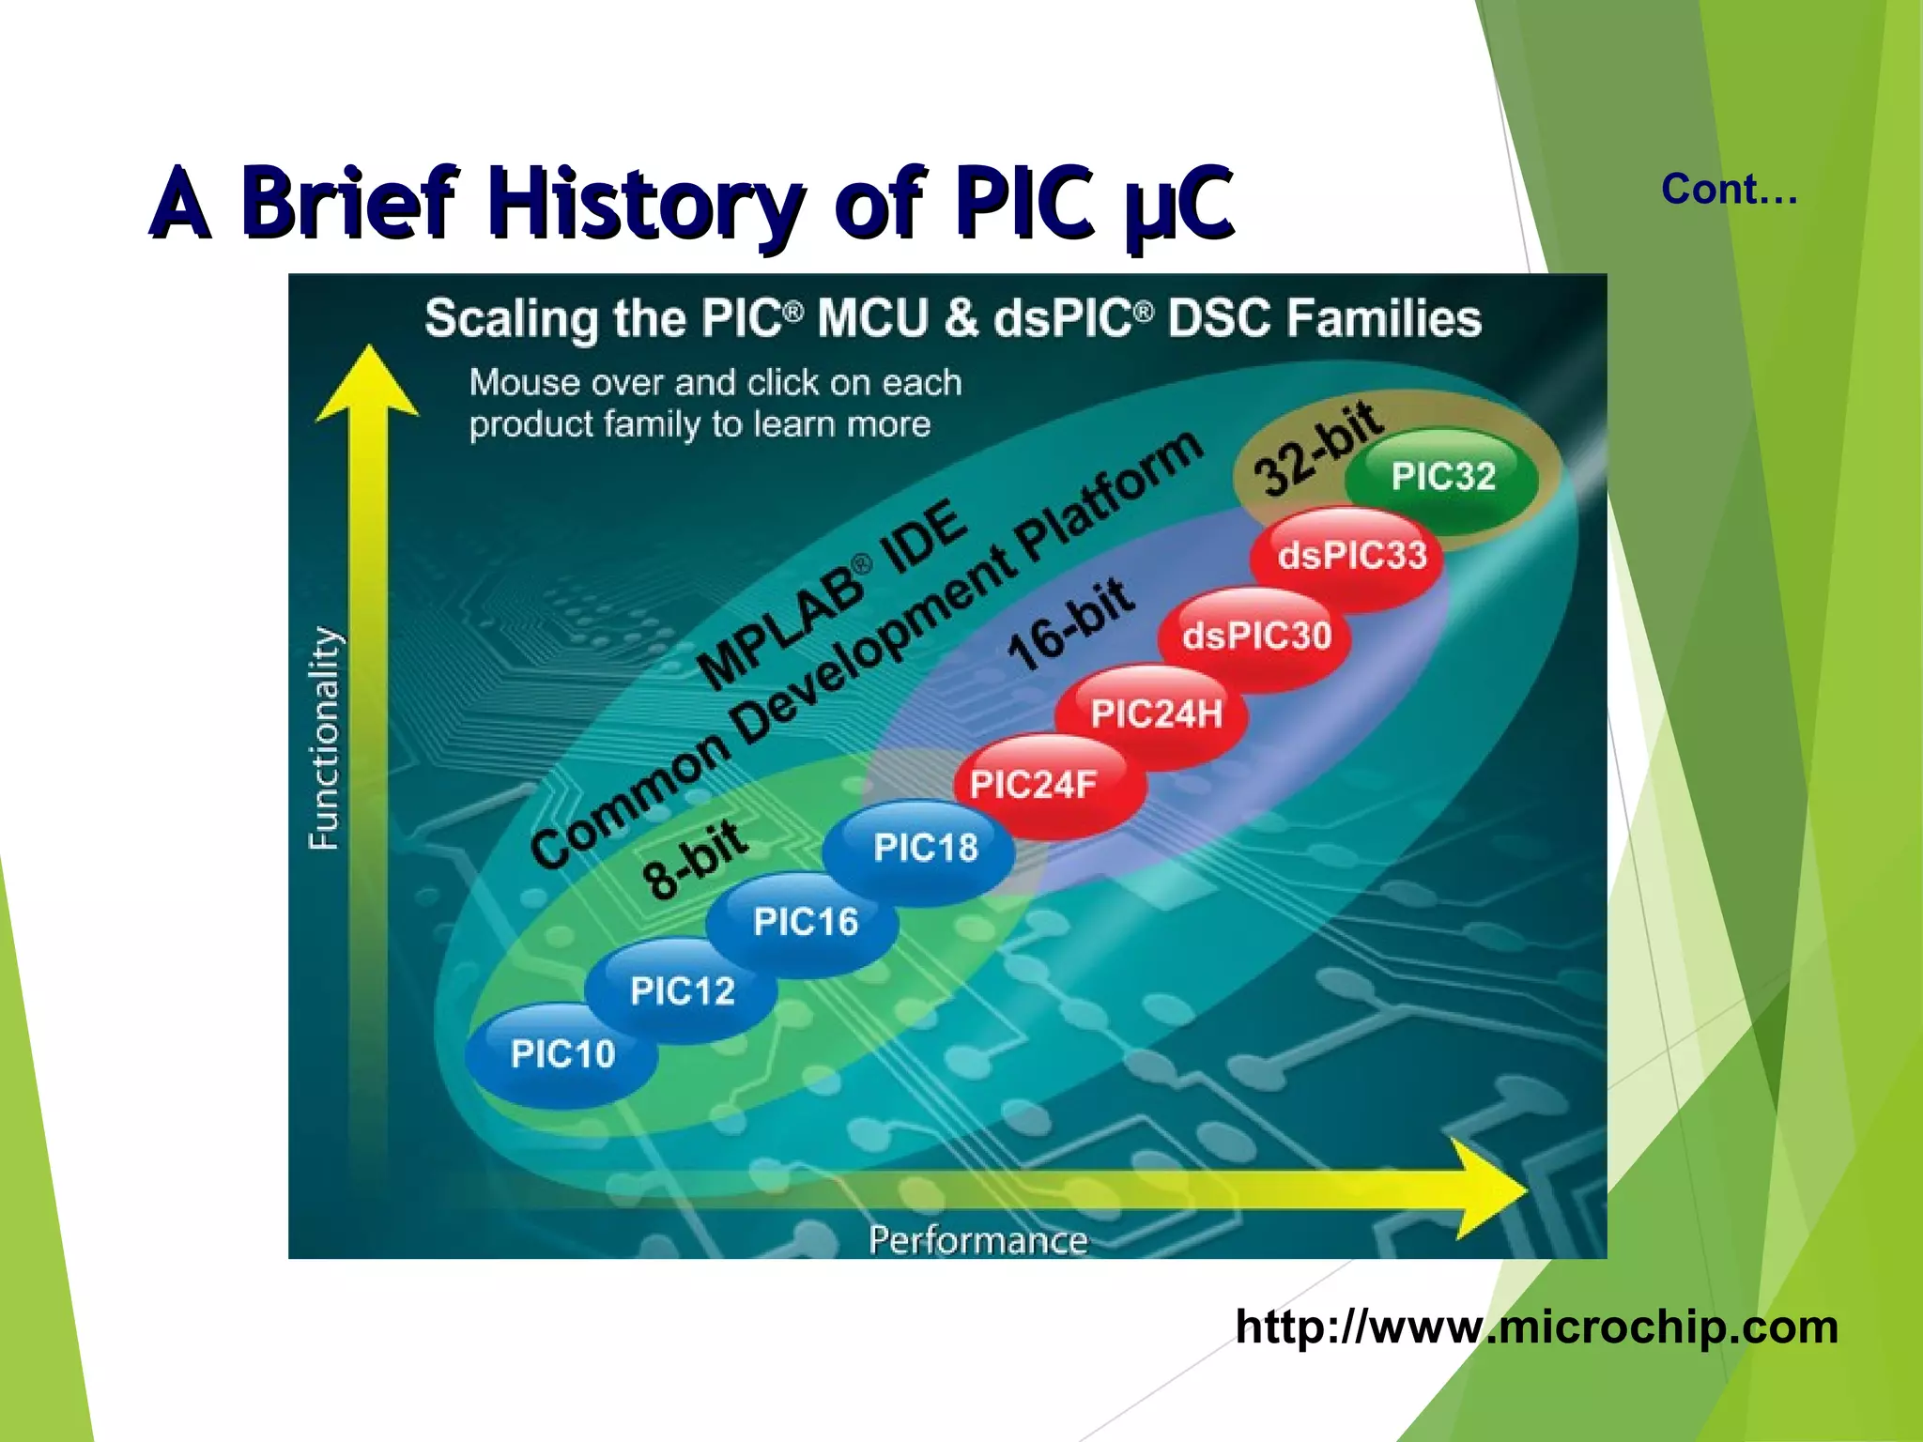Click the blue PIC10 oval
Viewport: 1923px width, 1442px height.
[x=562, y=1053]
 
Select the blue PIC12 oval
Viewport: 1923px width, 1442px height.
[x=682, y=990]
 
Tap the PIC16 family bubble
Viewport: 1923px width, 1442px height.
[x=805, y=922]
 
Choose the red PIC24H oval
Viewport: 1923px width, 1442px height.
[x=1156, y=714]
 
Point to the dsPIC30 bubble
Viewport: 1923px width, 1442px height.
[x=1256, y=636]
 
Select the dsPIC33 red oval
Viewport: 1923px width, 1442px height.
[x=1352, y=556]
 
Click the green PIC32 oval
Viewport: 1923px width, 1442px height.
[x=1443, y=476]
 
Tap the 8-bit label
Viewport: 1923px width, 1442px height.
[x=695, y=859]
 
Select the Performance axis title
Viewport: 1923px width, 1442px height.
[x=977, y=1240]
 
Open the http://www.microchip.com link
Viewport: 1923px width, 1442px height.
[x=1536, y=1327]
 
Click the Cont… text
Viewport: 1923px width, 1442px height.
[x=1729, y=190]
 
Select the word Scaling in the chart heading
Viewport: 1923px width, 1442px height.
[x=511, y=318]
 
